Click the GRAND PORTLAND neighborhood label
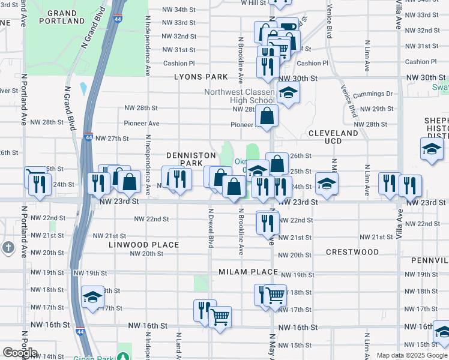click(62, 17)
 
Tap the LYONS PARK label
click(201, 77)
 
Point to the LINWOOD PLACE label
click(144, 245)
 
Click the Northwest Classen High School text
click(239, 96)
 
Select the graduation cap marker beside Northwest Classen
click(288, 94)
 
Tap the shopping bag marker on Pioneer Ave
click(268, 115)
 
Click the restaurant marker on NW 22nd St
click(268, 222)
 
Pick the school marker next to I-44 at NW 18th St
click(93, 297)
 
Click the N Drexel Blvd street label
click(211, 228)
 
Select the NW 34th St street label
click(179, 10)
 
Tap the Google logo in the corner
click(20, 353)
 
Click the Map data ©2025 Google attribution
click(411, 355)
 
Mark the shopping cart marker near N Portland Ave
click(34, 176)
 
